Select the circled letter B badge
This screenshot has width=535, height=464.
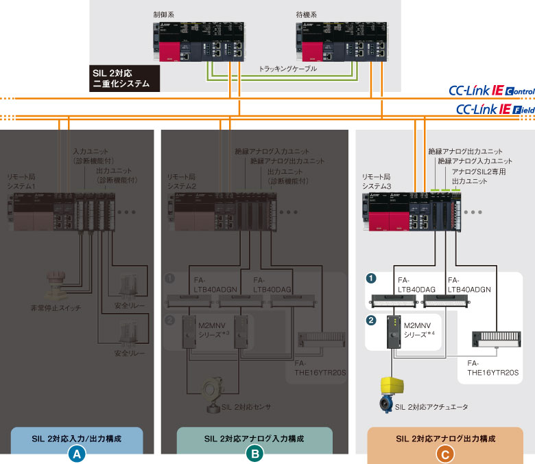[x=254, y=454]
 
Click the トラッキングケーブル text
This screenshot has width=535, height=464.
[x=288, y=69]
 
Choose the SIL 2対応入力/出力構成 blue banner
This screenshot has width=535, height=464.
[x=77, y=437]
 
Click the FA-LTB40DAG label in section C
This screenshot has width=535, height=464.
[x=414, y=285]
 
